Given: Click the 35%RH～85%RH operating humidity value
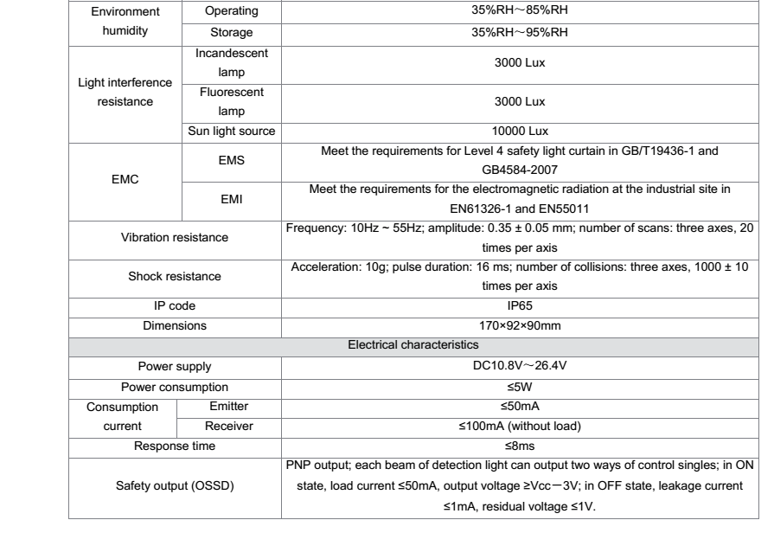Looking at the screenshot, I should pos(521,15).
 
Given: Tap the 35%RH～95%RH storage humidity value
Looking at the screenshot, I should pos(521,34).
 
